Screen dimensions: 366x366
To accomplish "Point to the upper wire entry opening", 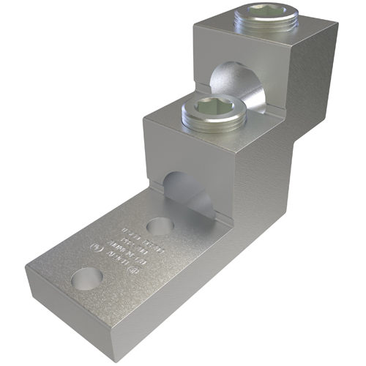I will click(231, 84).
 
